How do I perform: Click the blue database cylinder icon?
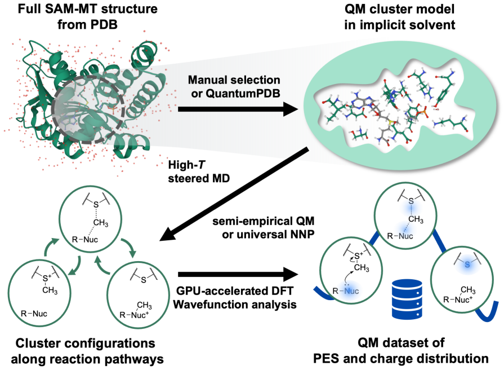point(407,299)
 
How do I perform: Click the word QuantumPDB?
point(243,94)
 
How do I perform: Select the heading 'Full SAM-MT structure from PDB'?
point(87,16)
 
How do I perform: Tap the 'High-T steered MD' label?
point(199,171)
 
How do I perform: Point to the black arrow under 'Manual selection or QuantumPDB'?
point(238,109)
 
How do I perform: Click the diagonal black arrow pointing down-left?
point(234,194)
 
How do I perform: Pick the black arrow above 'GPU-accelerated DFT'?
point(238,274)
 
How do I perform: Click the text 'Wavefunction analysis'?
point(235,305)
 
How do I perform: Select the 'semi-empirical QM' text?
point(263,221)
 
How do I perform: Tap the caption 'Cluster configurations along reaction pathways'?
point(87,351)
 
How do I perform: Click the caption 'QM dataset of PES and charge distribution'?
point(401,351)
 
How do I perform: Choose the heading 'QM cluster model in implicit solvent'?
point(399,16)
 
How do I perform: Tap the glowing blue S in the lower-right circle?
point(467,265)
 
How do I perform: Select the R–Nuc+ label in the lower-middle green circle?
point(135,315)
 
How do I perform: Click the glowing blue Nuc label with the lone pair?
point(351,291)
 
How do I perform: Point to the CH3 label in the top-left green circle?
point(101,223)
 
